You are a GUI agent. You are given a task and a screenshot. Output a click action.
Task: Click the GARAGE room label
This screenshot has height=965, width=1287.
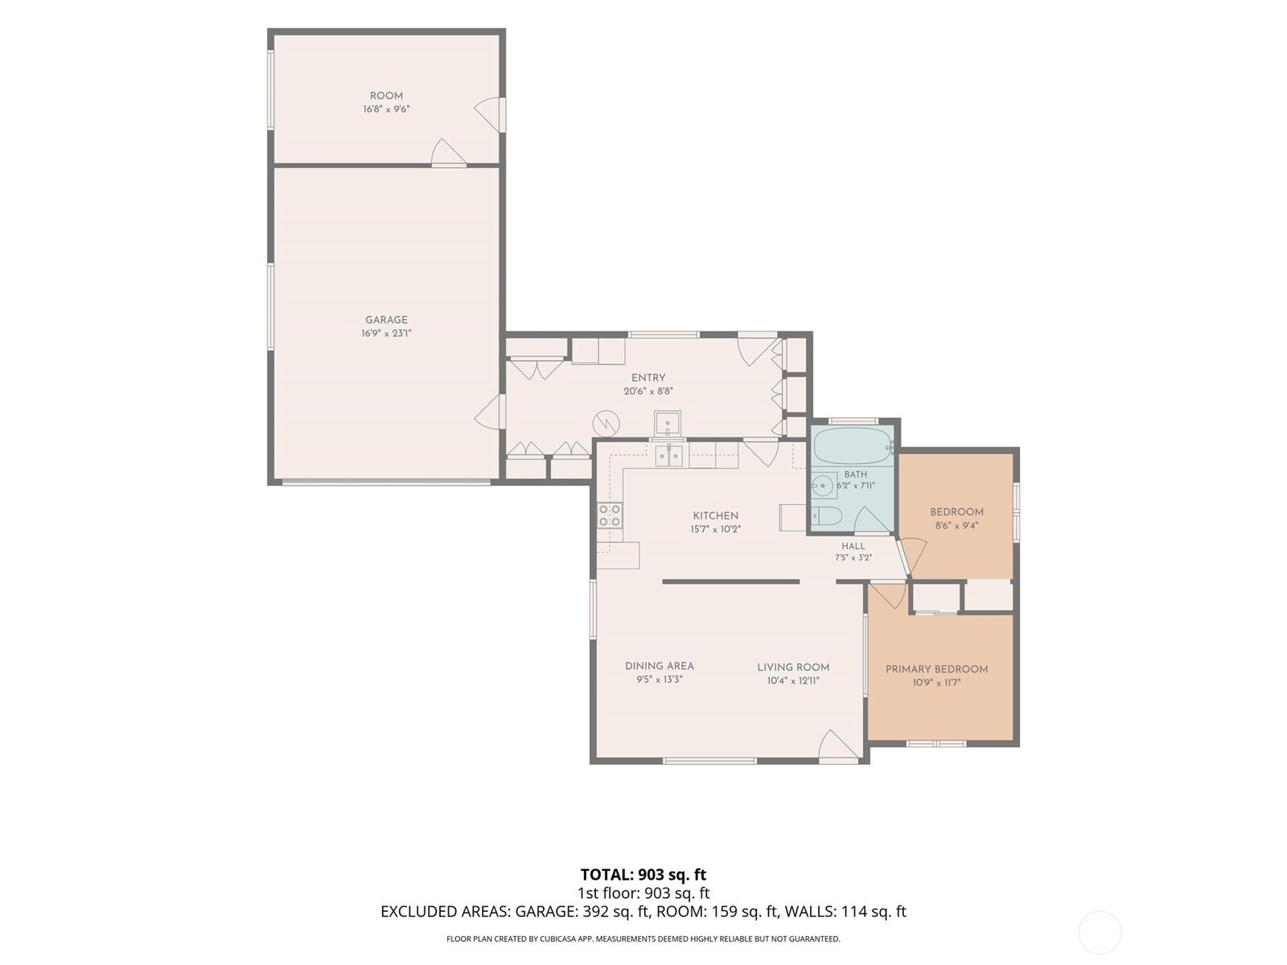(x=386, y=320)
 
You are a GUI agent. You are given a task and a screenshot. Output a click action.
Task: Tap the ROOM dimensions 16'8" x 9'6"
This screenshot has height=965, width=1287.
(x=386, y=109)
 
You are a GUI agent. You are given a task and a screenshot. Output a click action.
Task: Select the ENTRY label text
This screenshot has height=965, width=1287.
(x=648, y=378)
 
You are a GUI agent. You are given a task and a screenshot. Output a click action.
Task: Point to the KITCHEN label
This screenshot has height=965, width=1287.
(x=715, y=515)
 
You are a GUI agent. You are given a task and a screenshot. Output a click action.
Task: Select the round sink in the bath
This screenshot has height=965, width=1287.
(x=824, y=485)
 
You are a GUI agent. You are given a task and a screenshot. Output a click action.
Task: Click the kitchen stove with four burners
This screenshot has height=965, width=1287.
(x=610, y=515)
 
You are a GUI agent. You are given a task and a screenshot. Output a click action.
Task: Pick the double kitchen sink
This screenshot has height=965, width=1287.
(x=669, y=455)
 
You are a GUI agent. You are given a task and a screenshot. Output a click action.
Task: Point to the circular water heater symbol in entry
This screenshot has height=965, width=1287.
(x=606, y=424)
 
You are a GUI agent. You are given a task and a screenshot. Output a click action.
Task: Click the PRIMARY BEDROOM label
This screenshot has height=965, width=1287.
(x=936, y=669)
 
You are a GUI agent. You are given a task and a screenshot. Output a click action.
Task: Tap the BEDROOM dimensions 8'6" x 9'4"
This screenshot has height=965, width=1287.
(x=956, y=526)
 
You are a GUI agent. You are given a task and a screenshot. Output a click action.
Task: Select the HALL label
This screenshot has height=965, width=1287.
(x=853, y=545)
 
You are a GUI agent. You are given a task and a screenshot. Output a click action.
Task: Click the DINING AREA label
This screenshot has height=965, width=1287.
(x=659, y=666)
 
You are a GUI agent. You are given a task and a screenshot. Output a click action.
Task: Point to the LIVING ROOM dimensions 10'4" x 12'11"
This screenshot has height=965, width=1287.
(x=793, y=681)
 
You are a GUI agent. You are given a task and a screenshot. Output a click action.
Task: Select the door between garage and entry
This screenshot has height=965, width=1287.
(x=490, y=411)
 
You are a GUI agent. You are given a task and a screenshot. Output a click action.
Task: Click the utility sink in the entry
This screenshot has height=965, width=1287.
(x=668, y=425)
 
